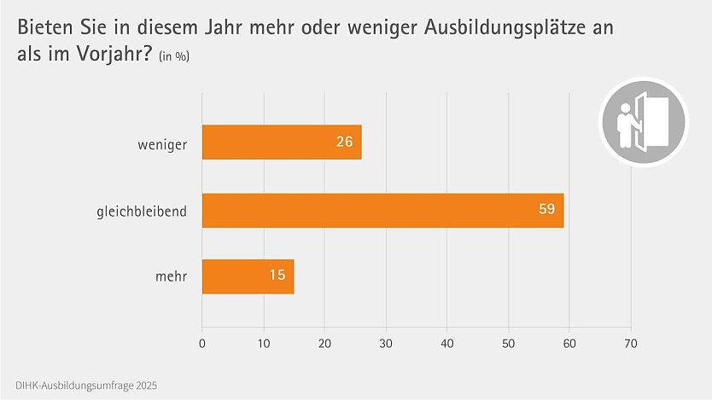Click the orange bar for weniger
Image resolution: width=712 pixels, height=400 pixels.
point(282,142)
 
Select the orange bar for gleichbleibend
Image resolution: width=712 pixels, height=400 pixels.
point(382,210)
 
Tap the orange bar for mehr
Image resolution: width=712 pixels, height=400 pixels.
point(248,277)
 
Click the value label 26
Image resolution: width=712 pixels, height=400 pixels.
point(344,142)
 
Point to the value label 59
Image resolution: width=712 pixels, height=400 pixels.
point(546,210)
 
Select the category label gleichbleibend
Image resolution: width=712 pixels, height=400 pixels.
point(141,210)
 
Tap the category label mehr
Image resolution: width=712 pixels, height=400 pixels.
point(171,277)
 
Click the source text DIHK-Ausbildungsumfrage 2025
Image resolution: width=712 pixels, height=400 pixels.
point(86,386)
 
